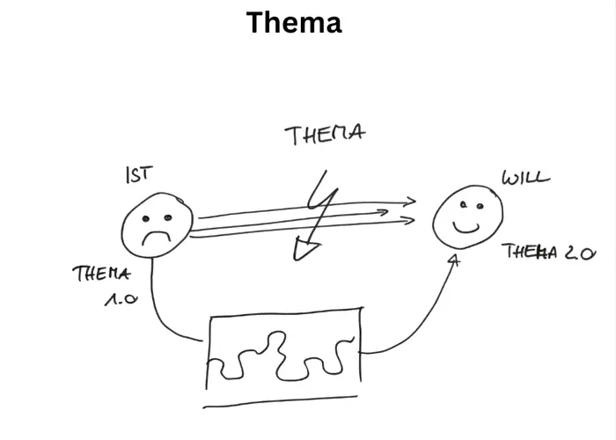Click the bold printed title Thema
(294, 22)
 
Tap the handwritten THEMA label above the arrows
(325, 135)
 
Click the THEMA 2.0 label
(549, 252)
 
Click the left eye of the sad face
(146, 218)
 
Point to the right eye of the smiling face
(480, 206)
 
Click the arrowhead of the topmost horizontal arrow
(411, 202)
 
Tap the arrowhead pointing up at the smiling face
(454, 260)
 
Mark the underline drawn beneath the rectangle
(280, 402)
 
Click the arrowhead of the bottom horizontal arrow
(409, 220)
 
